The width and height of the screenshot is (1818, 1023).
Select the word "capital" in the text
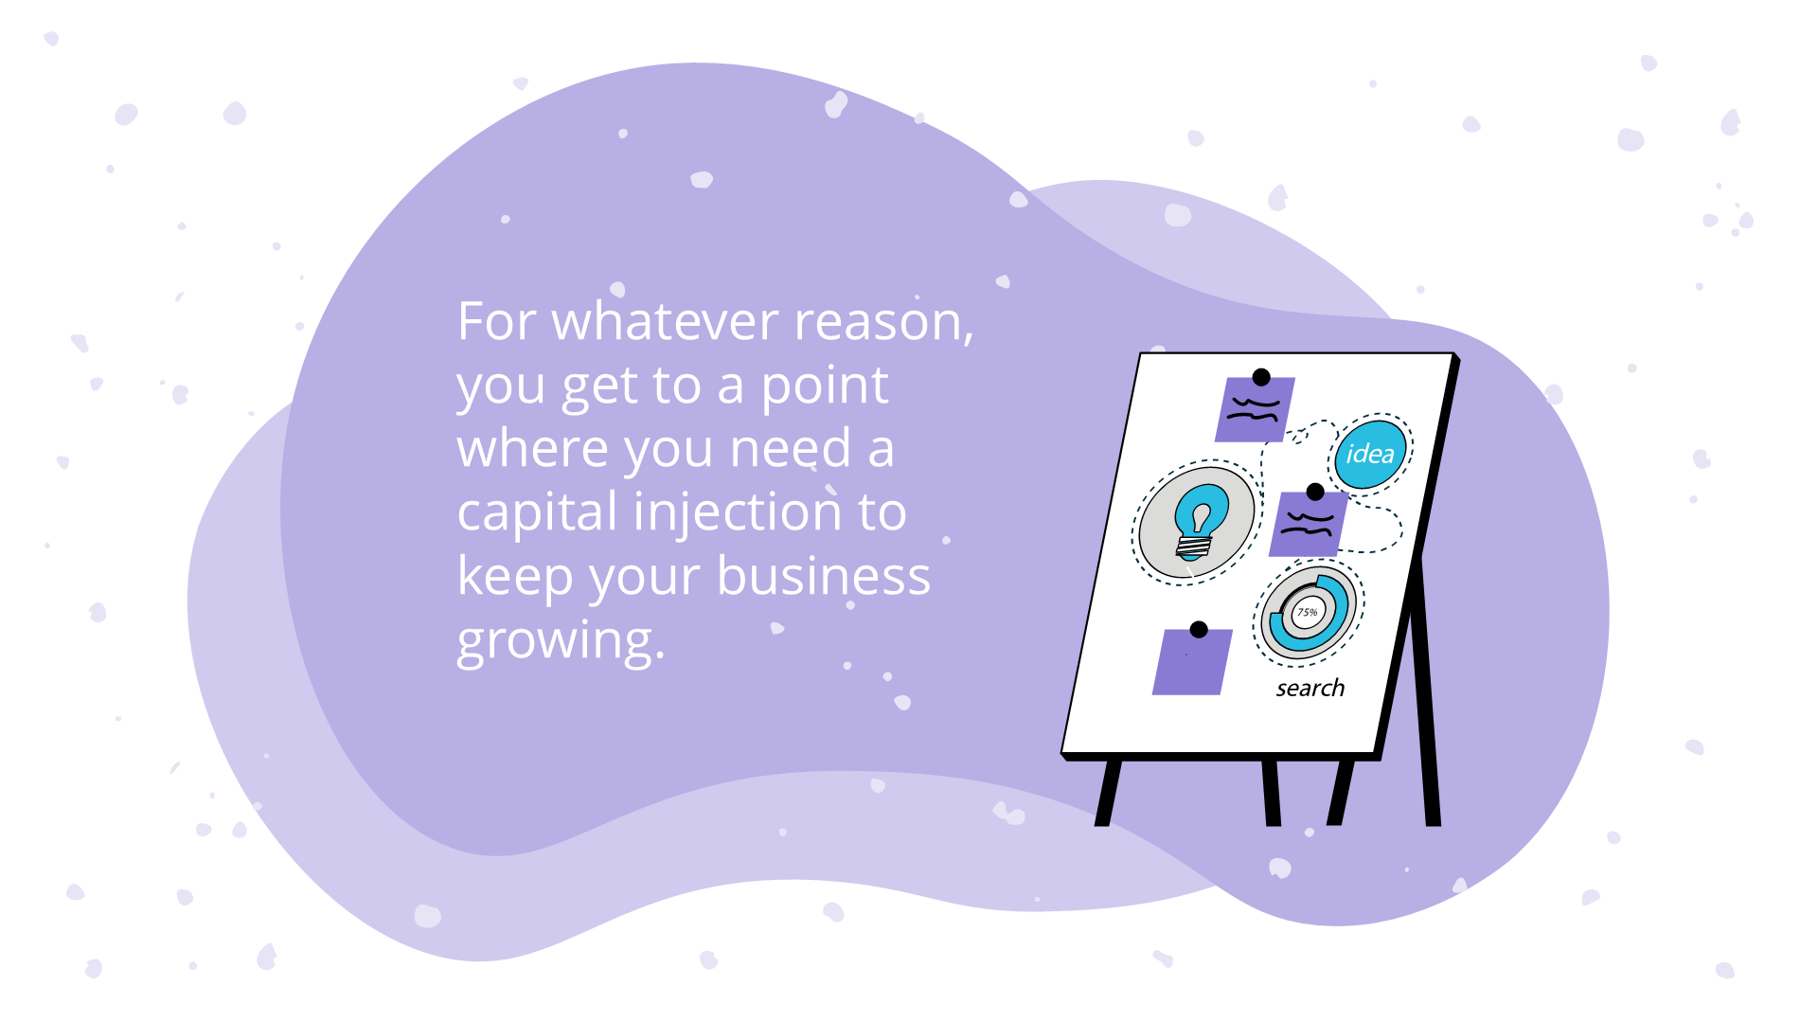(x=537, y=512)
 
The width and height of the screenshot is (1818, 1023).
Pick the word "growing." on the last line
(x=561, y=640)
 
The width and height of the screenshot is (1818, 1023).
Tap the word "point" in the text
(x=824, y=386)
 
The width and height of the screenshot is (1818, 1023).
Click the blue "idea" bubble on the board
(x=1369, y=454)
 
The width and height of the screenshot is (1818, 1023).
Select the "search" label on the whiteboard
(x=1310, y=689)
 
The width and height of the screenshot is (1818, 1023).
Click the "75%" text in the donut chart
(x=1307, y=612)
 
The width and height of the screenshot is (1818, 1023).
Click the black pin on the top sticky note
(x=1261, y=377)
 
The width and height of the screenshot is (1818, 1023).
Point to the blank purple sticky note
(x=1191, y=664)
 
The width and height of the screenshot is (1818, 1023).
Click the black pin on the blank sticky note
(x=1199, y=629)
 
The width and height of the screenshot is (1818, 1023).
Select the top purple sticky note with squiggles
(x=1254, y=411)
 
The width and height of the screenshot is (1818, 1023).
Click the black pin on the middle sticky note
(x=1315, y=492)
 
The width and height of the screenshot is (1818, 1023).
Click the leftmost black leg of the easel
(x=1108, y=792)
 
